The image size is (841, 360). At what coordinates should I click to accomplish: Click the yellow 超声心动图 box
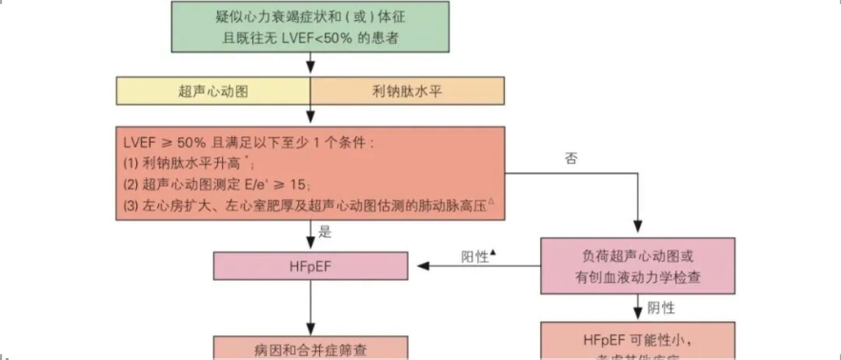pyautogui.click(x=213, y=90)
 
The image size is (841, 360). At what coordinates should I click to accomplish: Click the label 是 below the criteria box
pyautogui.click(x=324, y=231)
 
